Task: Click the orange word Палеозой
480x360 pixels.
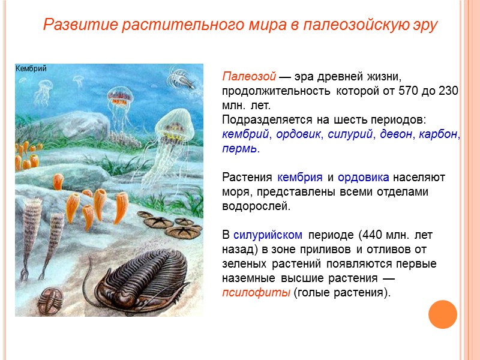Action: tap(248, 77)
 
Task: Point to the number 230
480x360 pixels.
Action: tap(448, 91)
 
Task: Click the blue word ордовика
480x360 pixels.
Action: tap(363, 178)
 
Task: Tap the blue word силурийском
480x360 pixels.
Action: tap(267, 234)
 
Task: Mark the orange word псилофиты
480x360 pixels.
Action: tap(256, 292)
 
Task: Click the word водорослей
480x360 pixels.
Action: tap(256, 206)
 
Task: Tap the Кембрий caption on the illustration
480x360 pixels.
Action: tap(31, 68)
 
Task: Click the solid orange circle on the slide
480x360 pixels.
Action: tap(443, 314)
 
